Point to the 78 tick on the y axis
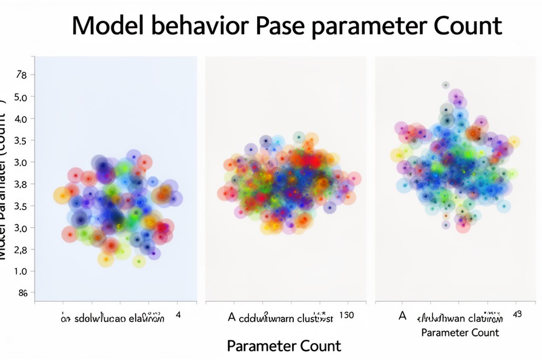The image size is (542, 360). tap(21, 75)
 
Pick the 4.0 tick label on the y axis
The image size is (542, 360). tap(21, 119)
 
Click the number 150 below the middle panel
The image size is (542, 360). tap(347, 316)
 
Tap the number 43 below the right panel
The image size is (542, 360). tap(517, 314)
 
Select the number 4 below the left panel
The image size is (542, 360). tap(178, 315)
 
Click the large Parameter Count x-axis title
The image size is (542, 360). tap(284, 346)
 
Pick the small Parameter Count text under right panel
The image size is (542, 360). tap(460, 332)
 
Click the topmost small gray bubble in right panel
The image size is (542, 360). tap(446, 85)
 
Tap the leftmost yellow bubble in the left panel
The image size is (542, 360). tap(62, 196)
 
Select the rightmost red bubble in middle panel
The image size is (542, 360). tap(354, 179)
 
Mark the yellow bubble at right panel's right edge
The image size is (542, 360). tap(513, 142)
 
